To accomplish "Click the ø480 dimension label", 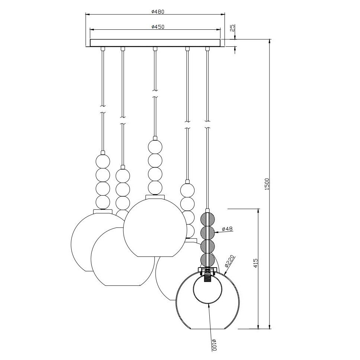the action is coord(158,12).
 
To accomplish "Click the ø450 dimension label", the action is coord(158,27).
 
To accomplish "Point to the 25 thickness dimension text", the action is coord(233,28).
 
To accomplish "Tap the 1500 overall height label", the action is coord(266,184).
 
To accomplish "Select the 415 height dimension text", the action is coord(256,263).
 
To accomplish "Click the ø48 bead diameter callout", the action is coord(228,229).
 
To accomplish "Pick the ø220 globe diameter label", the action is coord(230,261).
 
